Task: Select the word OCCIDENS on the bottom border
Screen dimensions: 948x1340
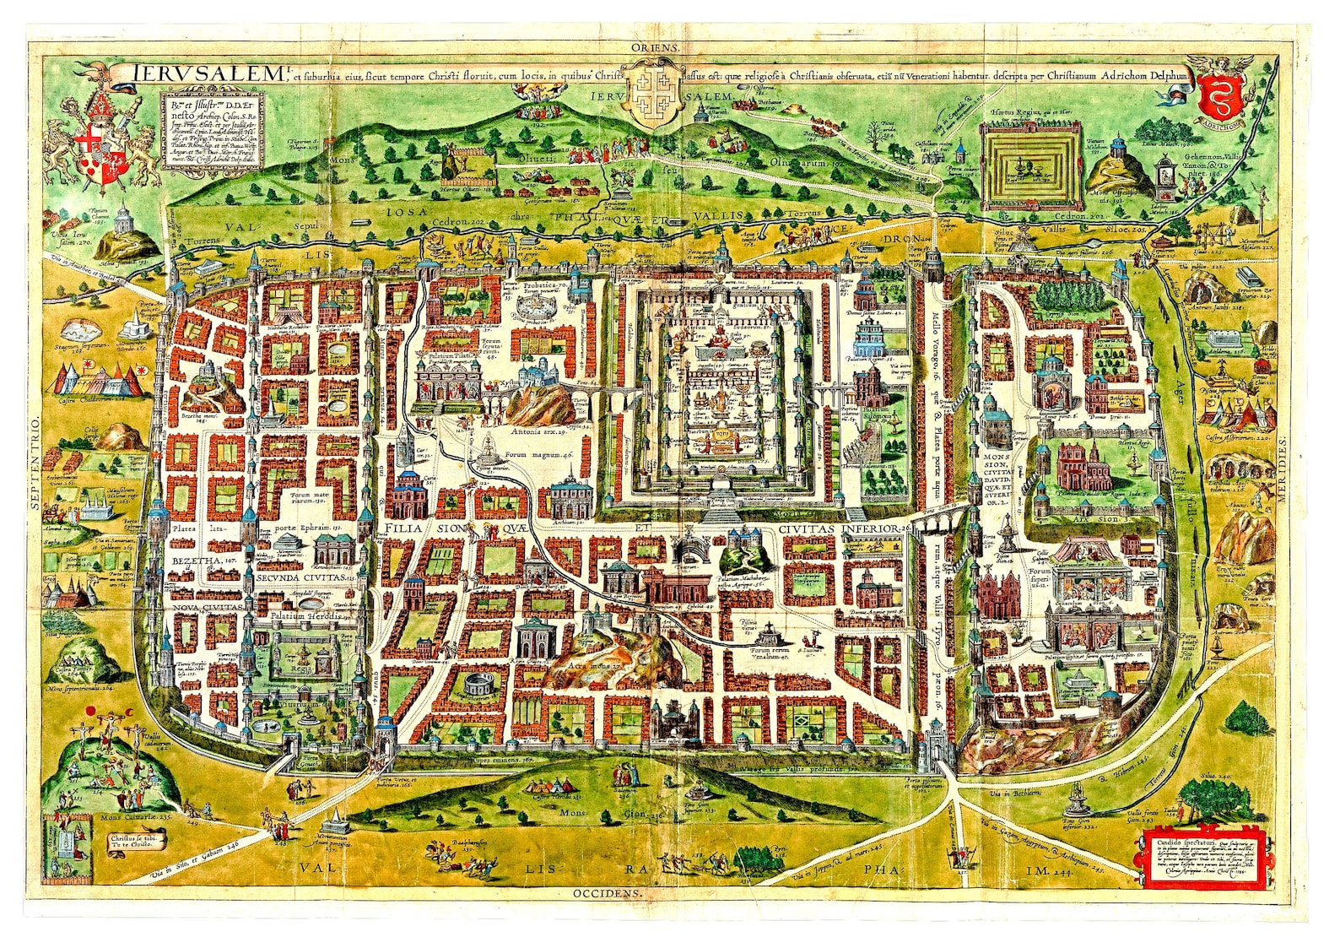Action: coord(607,892)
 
